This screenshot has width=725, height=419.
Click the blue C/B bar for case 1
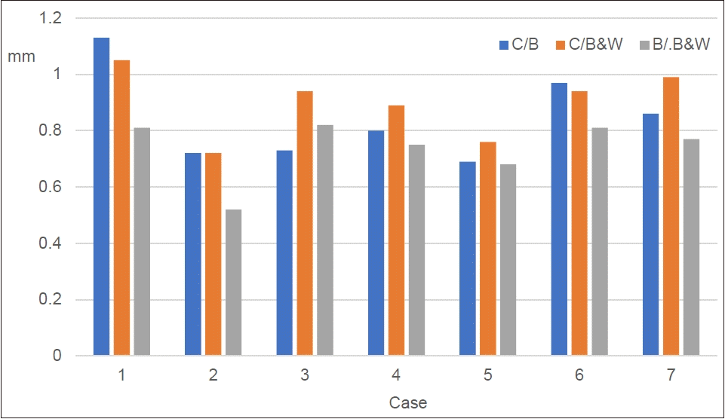point(101,196)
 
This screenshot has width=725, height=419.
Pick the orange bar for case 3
point(305,223)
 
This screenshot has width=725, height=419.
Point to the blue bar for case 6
point(559,219)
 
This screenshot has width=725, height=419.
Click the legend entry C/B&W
point(589,45)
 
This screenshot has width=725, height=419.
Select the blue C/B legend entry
point(518,45)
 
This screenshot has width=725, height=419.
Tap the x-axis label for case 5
point(487,375)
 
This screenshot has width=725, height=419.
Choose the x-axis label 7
point(671,375)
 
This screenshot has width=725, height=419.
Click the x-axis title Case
point(407,402)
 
